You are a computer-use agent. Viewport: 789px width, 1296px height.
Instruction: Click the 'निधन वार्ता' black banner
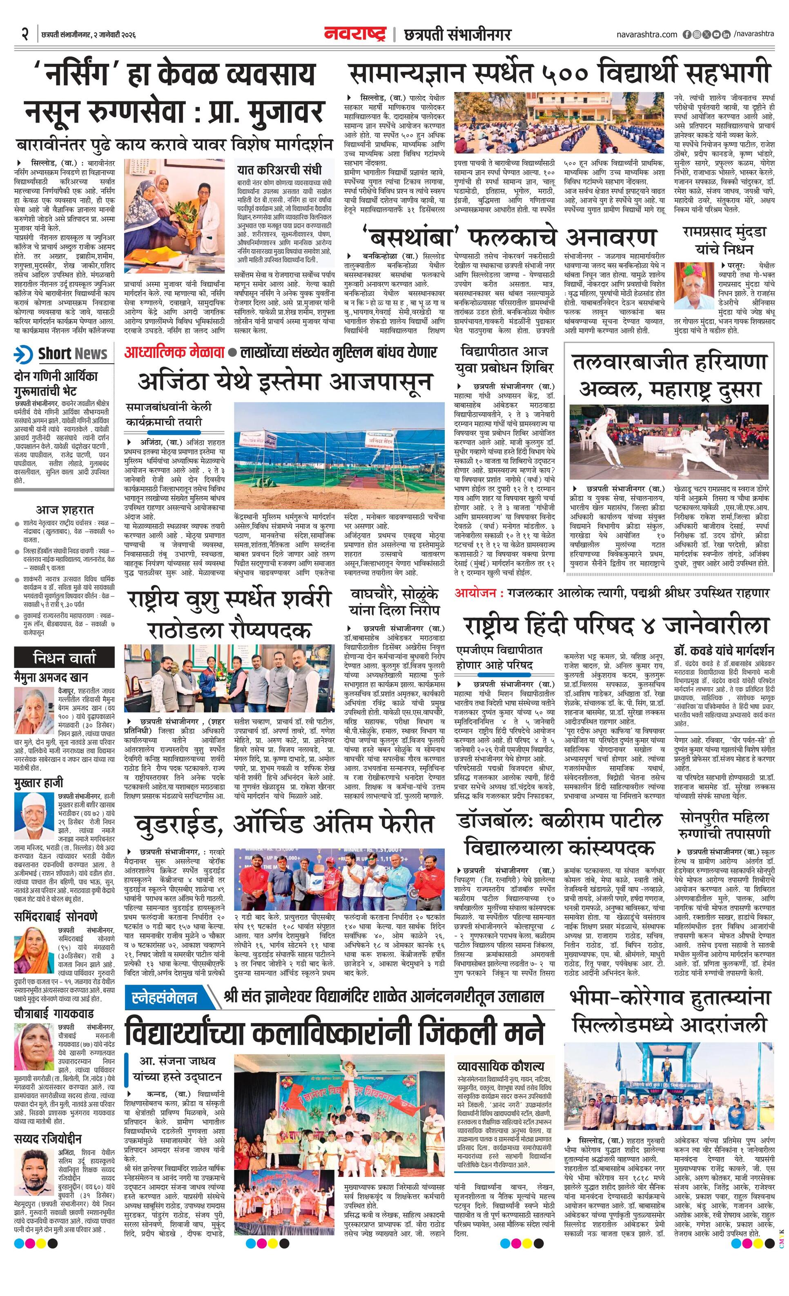point(65,658)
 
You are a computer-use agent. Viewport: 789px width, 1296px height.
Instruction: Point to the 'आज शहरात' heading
point(65,509)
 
